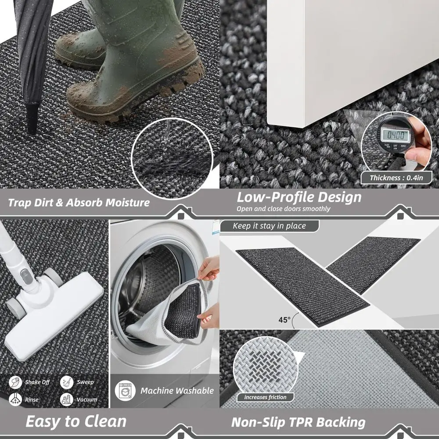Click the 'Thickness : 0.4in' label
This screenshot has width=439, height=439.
[x=396, y=178]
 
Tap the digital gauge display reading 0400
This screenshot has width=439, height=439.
[x=395, y=134]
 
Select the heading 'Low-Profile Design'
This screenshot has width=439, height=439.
[x=299, y=197]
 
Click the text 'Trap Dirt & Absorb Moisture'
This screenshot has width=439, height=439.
[x=79, y=202]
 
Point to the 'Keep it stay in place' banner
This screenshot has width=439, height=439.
[x=269, y=226]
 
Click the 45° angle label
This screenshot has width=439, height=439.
[x=284, y=320]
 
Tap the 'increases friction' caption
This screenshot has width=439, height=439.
[x=265, y=397]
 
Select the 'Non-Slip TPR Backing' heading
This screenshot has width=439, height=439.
[x=298, y=422]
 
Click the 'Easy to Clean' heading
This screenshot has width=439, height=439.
[x=76, y=421]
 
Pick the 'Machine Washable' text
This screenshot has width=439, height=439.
[x=177, y=390]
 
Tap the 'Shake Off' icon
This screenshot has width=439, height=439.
[x=16, y=382]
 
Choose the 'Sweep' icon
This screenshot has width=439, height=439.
[x=67, y=382]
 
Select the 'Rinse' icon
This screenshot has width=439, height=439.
[x=16, y=399]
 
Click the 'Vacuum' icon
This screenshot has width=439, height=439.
[x=67, y=399]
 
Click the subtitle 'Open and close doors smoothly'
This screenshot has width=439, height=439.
[x=283, y=209]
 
